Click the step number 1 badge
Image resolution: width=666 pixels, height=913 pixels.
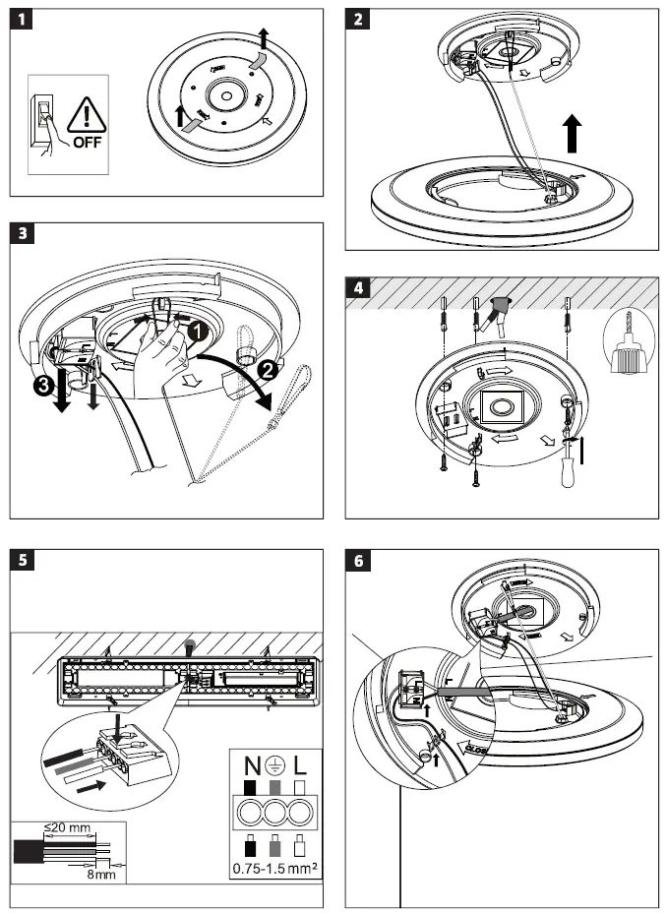click(22, 22)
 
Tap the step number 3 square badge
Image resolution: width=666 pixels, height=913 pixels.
click(22, 234)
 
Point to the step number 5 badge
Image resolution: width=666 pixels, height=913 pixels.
click(22, 560)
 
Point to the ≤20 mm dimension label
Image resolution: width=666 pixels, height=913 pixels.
click(66, 827)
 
